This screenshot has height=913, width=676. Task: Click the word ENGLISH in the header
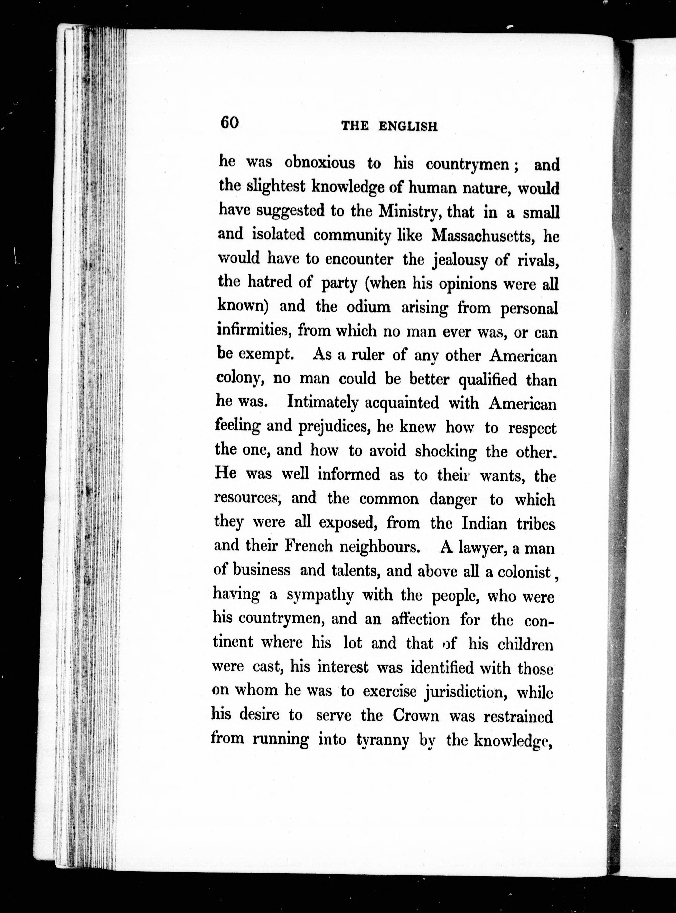pos(408,126)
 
